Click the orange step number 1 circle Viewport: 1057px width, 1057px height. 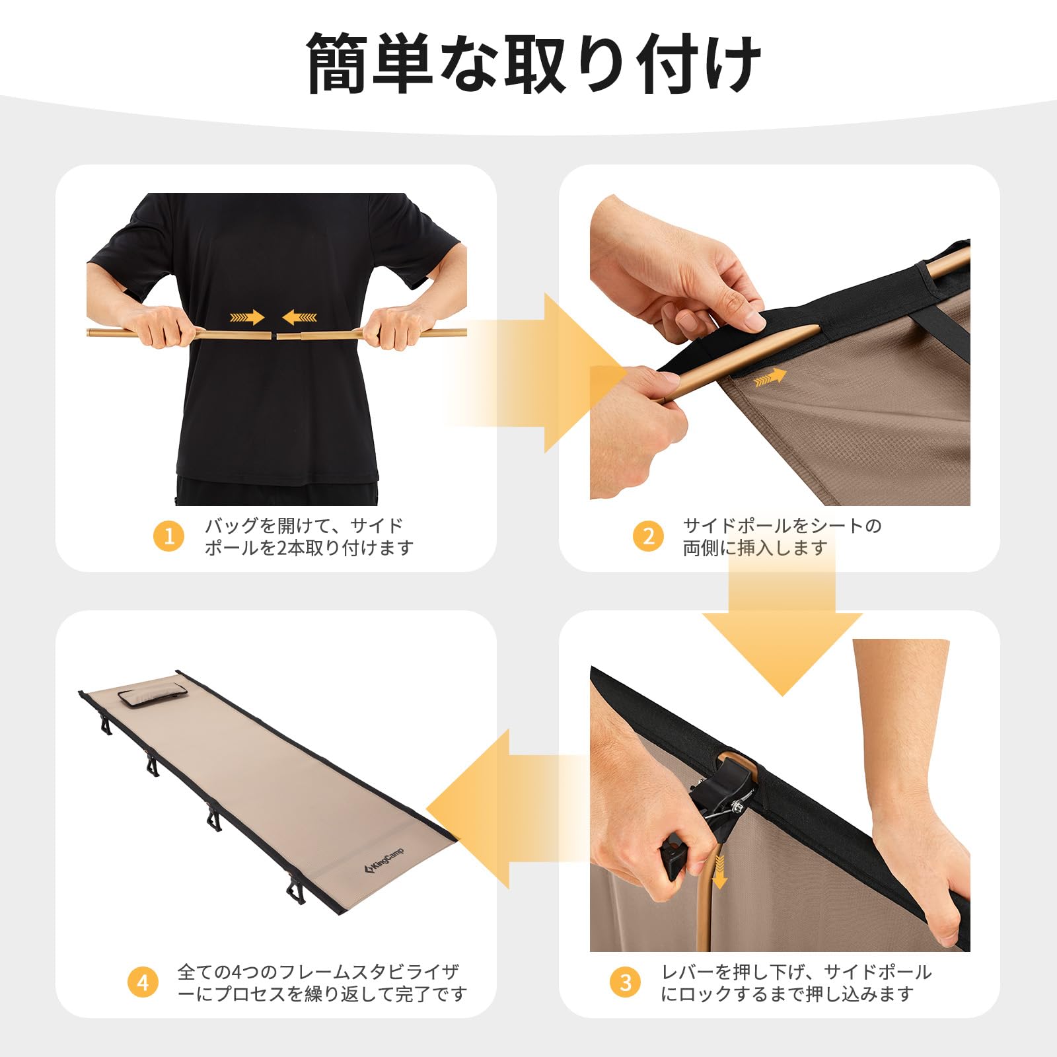[169, 536]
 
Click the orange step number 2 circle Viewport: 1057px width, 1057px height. [648, 536]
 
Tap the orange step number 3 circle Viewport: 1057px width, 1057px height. [626, 982]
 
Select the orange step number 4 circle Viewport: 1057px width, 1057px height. [143, 982]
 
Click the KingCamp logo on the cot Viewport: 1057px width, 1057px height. [385, 861]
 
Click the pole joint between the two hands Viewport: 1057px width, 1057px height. [275, 336]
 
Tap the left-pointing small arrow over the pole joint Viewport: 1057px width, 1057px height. [300, 318]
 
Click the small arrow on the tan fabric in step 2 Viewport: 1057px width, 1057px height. [770, 377]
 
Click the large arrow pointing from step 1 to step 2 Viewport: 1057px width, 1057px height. [548, 373]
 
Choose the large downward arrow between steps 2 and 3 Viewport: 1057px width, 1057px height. [782, 634]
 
